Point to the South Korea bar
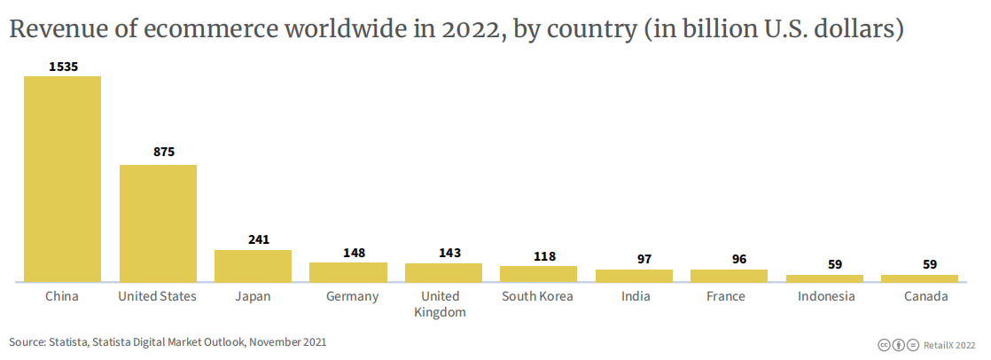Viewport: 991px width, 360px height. point(538,274)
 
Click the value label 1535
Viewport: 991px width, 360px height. point(62,67)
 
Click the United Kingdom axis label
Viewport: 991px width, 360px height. point(441,304)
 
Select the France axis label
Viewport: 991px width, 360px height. point(726,296)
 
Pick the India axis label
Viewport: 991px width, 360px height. point(635,296)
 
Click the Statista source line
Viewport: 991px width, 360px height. point(168,341)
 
